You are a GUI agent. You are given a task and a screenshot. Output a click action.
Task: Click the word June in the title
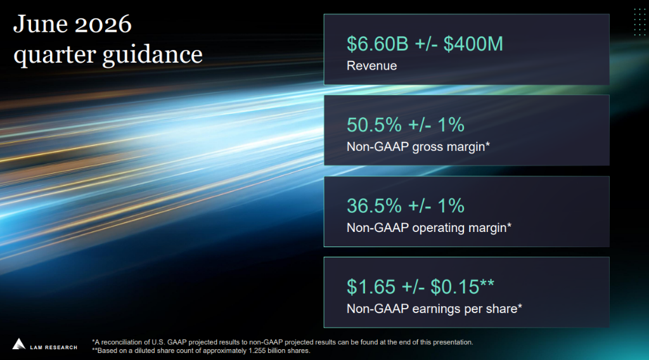[x=40, y=24]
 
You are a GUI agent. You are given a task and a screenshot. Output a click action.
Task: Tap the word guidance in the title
[x=153, y=55]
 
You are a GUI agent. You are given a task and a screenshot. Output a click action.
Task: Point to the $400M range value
[x=473, y=44]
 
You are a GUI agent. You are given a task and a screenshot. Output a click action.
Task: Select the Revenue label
[x=371, y=66]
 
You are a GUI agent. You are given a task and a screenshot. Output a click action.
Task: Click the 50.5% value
[x=374, y=125]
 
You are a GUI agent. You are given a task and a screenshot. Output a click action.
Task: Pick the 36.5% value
[x=374, y=206]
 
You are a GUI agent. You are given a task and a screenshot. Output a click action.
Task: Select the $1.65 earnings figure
[x=371, y=287]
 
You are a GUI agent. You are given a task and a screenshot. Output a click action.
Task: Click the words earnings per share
[x=465, y=309]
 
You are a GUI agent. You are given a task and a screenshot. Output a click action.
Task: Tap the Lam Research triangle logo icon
[x=18, y=344]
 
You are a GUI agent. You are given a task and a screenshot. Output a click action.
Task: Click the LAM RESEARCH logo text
[x=53, y=347]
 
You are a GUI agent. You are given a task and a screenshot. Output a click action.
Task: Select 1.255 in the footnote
[x=257, y=351]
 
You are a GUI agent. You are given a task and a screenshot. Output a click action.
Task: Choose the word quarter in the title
[x=55, y=55]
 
